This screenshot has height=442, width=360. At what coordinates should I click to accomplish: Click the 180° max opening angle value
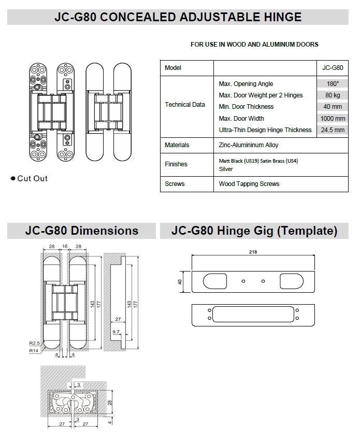point(332,84)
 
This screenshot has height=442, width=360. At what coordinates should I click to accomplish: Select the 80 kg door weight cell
point(332,95)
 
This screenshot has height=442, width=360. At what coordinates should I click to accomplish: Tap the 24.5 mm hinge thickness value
point(332,130)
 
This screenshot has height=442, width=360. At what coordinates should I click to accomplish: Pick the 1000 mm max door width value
point(332,119)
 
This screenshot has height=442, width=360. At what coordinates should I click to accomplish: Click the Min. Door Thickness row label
point(246,107)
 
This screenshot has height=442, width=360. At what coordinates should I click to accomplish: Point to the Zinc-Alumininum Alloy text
point(249,146)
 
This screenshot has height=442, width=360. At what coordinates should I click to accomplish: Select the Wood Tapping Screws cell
point(249,184)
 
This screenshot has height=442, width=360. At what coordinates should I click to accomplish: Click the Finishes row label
point(176,164)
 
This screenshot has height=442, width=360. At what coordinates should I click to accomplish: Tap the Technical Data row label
point(185,105)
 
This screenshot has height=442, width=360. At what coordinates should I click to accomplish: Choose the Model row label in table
point(173,68)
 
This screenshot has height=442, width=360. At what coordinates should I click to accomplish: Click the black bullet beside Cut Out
point(13,179)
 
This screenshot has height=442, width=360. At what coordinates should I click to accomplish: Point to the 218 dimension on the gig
point(253,252)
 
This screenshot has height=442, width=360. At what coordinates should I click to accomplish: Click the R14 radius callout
point(35,350)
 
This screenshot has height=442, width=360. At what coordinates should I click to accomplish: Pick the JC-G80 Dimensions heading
point(81,231)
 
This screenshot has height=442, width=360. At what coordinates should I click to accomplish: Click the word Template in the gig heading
point(306,231)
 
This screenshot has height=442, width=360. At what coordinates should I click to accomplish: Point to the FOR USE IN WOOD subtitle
point(254,45)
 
